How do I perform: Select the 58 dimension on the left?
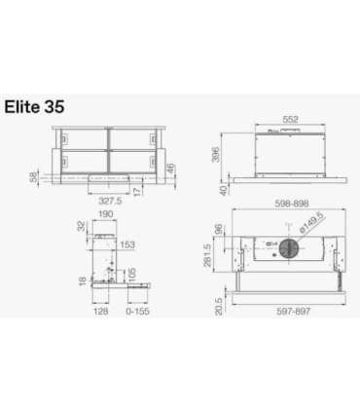click(36, 177)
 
